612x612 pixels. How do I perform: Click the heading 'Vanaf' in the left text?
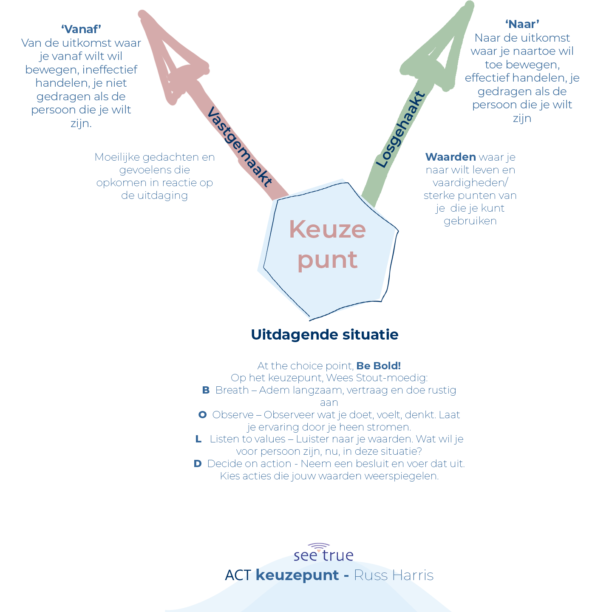[x=81, y=29]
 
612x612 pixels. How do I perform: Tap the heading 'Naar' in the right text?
[x=522, y=24]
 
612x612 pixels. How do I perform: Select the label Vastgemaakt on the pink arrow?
[x=240, y=147]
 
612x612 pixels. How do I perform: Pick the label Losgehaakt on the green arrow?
[x=400, y=130]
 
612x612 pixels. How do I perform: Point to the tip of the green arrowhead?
[x=469, y=5]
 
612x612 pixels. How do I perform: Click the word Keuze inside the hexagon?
[x=327, y=230]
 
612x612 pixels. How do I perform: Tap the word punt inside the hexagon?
[x=327, y=260]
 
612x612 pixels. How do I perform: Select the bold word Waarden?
[x=450, y=157]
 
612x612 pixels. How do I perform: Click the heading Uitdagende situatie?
[x=325, y=335]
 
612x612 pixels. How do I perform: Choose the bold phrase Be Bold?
[x=379, y=366]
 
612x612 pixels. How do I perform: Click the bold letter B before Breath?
[x=206, y=390]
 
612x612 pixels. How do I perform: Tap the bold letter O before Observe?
[x=203, y=415]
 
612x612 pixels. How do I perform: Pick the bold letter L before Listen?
[x=198, y=439]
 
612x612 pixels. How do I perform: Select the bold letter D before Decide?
[x=198, y=464]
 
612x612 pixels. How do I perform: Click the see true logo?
[x=323, y=552]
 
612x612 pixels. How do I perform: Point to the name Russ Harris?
[x=394, y=575]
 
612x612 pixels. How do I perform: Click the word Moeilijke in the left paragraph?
[x=117, y=157]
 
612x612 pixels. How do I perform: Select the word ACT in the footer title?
[x=238, y=575]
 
